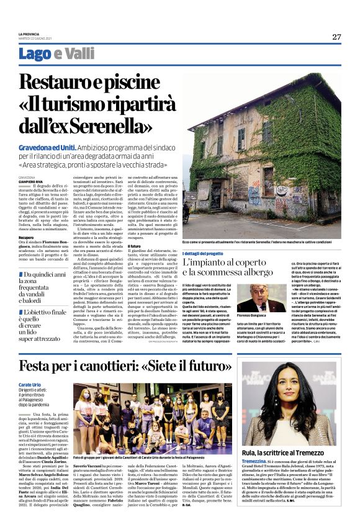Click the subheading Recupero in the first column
(x=26, y=236)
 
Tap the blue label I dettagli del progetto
(x=212, y=254)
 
